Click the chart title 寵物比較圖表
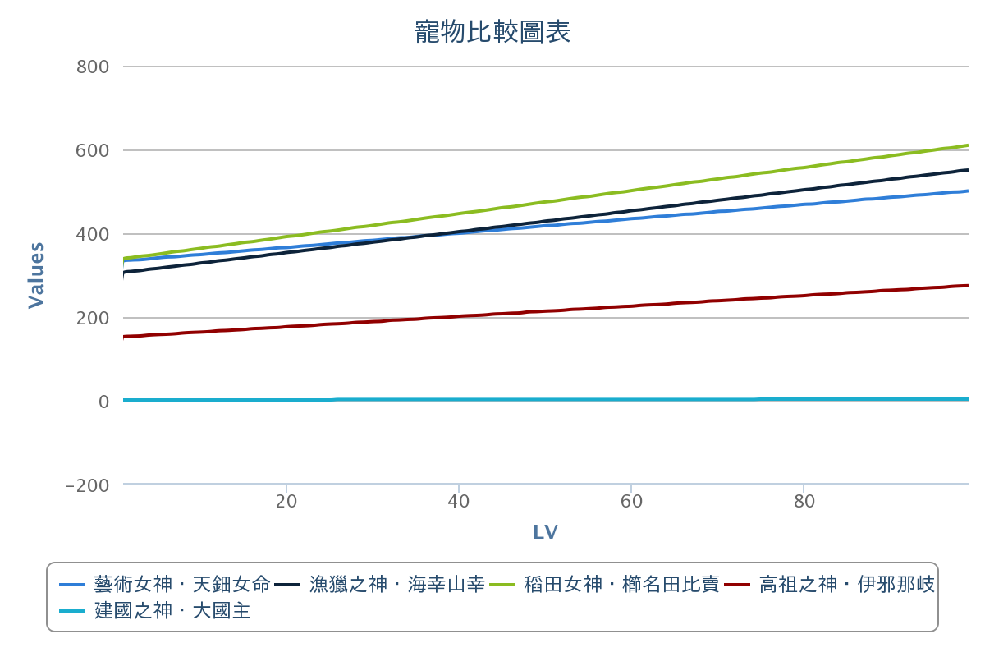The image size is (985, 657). point(492,32)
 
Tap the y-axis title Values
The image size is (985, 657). point(36,275)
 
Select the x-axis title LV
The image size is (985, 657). point(546,532)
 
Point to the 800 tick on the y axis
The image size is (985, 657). point(93,67)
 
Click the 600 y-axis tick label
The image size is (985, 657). point(93,150)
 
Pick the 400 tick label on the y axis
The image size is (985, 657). point(93,234)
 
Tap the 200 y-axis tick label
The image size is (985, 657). point(93,318)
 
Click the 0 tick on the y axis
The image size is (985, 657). point(103,402)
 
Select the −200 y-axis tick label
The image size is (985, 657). point(87,485)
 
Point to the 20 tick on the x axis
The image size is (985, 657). point(286,502)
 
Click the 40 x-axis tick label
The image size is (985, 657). point(459,502)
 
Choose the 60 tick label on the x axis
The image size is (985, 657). point(631,502)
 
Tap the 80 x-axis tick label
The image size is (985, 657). point(804,502)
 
